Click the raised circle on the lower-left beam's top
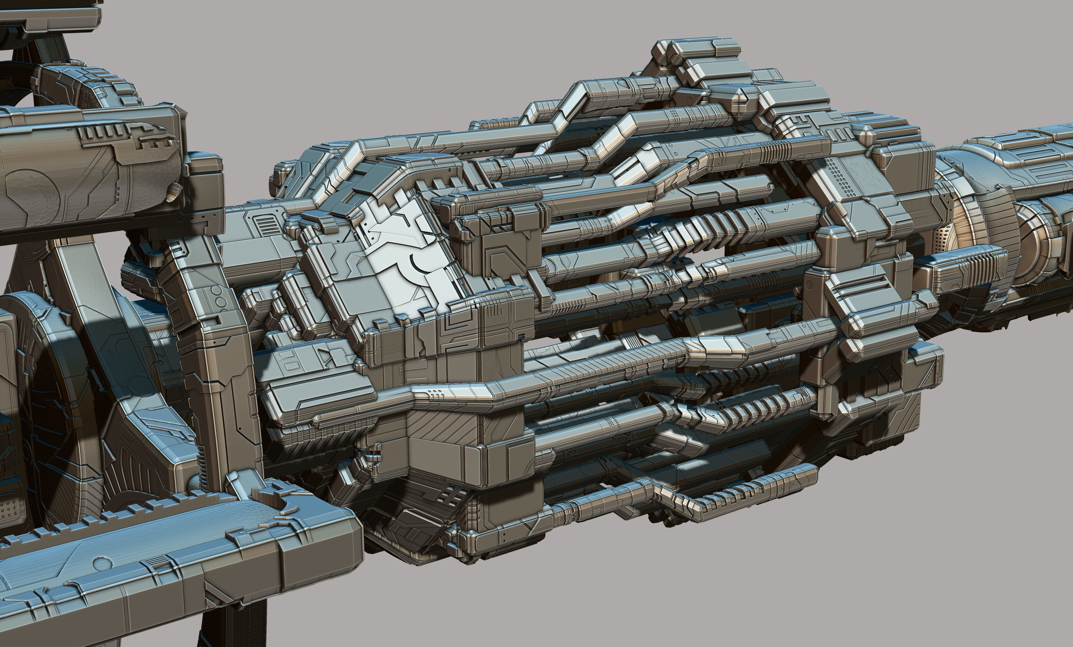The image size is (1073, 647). [x=101, y=563]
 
